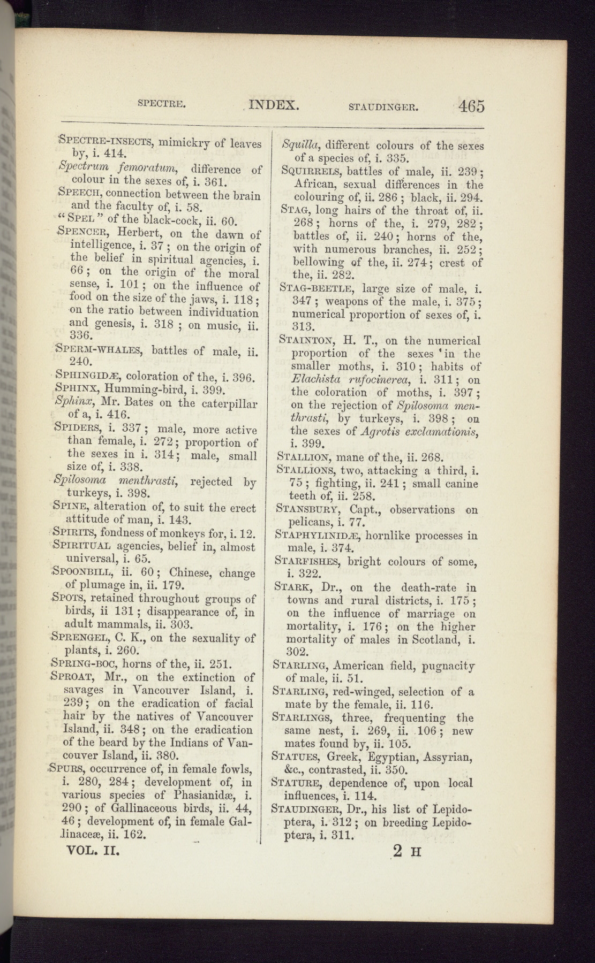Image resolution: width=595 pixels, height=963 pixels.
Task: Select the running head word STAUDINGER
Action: [x=383, y=106]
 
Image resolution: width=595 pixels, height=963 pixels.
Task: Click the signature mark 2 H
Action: [x=406, y=851]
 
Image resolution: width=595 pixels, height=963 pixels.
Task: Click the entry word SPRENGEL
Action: [x=80, y=638]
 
